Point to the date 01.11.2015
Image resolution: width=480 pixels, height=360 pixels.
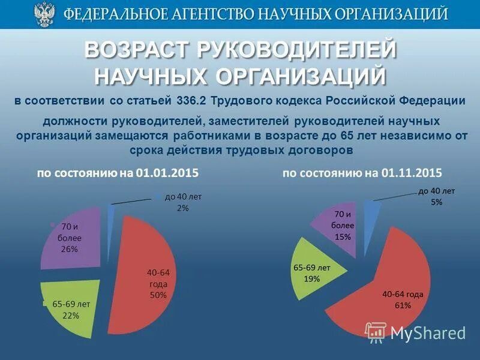click(x=411, y=173)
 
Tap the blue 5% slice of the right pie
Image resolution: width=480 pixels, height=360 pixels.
click(x=371, y=211)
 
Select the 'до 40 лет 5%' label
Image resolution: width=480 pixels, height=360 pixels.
click(x=436, y=197)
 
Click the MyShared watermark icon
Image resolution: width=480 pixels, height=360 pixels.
click(x=376, y=332)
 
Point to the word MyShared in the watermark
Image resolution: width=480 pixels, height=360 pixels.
click(x=428, y=333)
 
